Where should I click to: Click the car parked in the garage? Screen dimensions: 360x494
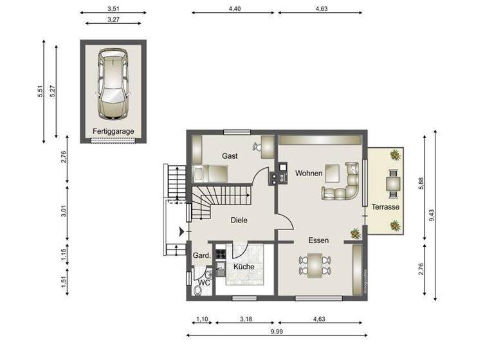click(x=113, y=84)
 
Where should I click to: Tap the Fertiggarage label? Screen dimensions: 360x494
click(x=113, y=131)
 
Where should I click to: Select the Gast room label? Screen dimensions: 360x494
click(x=230, y=156)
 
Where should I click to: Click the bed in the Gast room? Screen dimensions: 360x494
click(x=211, y=173)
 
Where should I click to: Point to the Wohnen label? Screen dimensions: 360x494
click(x=308, y=174)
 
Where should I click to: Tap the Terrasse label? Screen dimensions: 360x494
click(x=386, y=208)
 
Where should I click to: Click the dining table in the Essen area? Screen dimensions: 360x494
click(x=315, y=264)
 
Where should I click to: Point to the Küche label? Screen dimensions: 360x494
click(x=244, y=266)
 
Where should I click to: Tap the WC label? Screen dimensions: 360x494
click(x=203, y=282)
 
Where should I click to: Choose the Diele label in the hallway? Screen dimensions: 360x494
click(x=239, y=221)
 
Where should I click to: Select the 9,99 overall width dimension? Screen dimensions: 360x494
click(x=276, y=330)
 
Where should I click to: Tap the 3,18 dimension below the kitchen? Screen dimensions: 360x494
click(x=245, y=318)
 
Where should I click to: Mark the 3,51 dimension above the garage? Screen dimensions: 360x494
click(x=113, y=9)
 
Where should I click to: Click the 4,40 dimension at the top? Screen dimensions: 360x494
click(x=234, y=9)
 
